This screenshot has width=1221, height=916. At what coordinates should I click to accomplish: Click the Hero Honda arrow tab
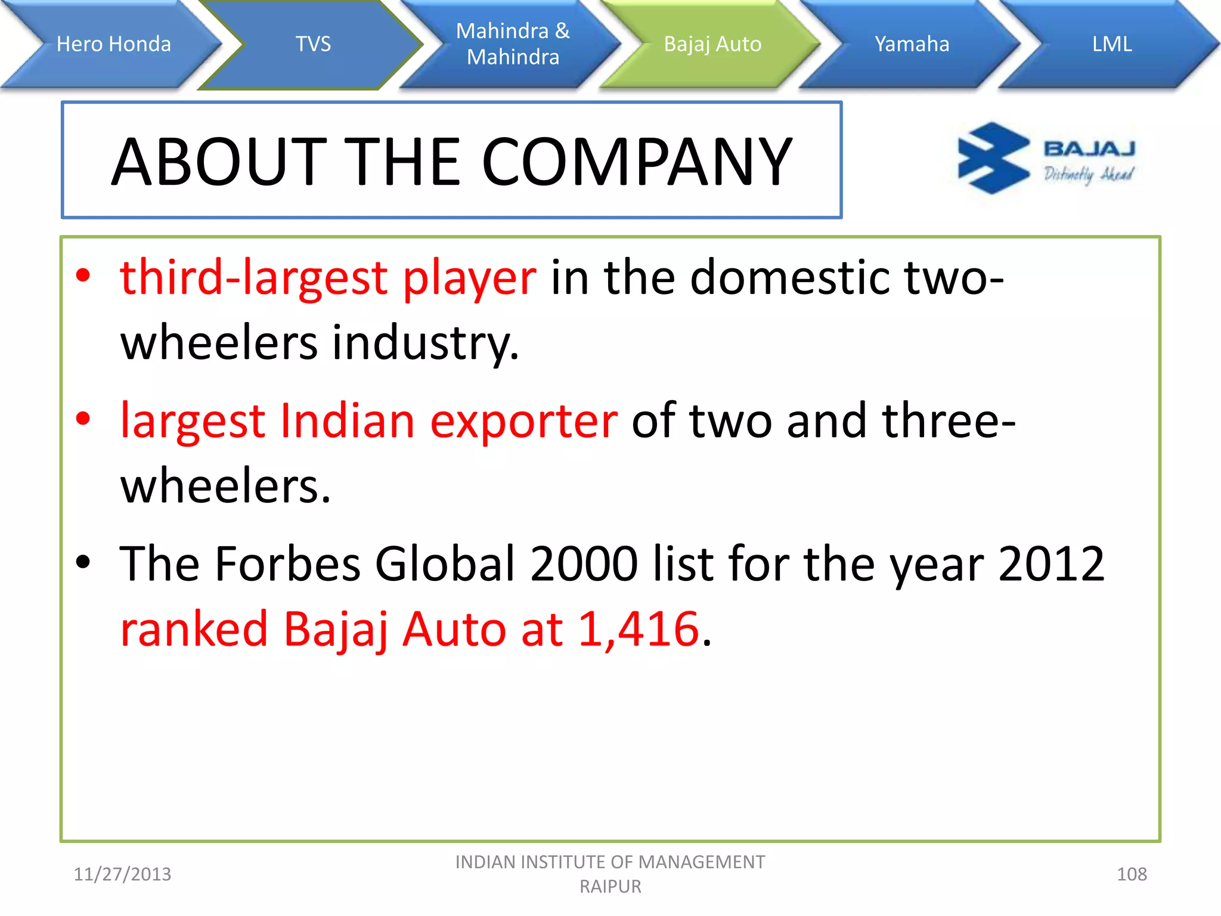(113, 44)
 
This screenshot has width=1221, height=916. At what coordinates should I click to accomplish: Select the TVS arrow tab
(313, 44)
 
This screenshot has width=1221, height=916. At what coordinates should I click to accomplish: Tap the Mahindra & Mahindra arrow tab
(513, 44)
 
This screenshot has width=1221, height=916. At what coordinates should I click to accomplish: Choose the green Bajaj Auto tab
(712, 44)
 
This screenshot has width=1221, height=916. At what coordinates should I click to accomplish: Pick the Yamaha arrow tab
(912, 44)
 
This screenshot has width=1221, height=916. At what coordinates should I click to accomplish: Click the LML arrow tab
(1111, 44)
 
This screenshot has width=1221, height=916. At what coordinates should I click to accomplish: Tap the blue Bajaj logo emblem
(993, 158)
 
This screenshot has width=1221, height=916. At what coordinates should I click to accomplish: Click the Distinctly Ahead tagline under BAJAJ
(1088, 174)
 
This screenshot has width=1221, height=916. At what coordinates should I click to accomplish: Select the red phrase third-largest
(253, 278)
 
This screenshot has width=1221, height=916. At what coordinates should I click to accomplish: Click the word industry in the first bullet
(424, 343)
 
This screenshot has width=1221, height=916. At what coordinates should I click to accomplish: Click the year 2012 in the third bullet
(1051, 564)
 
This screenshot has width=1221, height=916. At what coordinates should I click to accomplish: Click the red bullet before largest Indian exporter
(83, 419)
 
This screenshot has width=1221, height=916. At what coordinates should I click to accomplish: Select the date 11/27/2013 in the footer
(122, 874)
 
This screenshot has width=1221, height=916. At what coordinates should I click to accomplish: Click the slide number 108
(1131, 874)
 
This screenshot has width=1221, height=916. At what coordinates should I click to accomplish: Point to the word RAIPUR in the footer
(610, 887)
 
